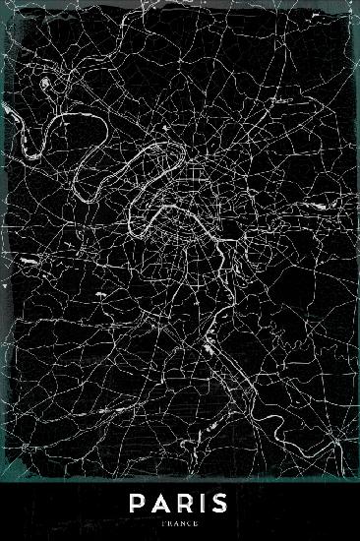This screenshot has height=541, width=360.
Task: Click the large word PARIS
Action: [x=180, y=504]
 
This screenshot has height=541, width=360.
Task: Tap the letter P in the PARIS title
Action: [x=138, y=504]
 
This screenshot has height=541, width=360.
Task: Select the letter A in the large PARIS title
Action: [x=159, y=504]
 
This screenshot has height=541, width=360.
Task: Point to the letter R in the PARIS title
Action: [x=183, y=504]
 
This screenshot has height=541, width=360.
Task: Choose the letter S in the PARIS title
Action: [x=219, y=504]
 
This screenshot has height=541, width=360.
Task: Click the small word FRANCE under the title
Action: [x=180, y=524]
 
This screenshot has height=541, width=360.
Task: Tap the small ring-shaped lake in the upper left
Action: [x=45, y=84]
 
